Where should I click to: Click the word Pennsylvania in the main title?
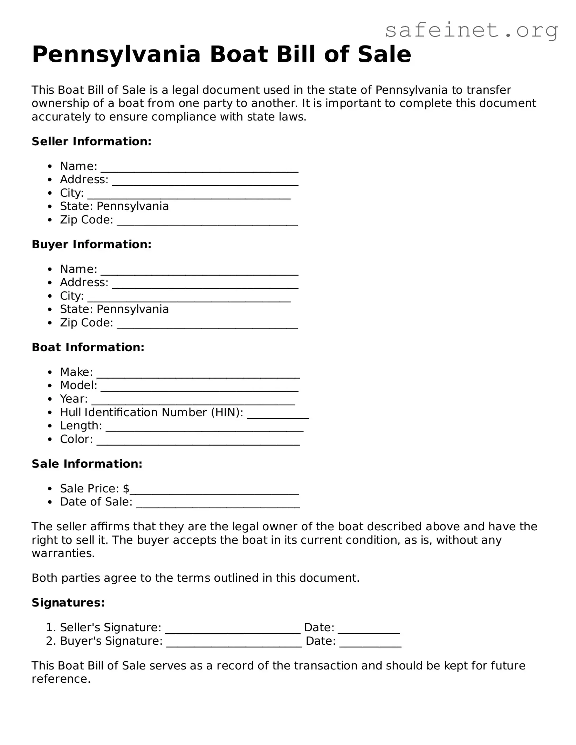[116, 55]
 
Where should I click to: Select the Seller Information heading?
[91, 142]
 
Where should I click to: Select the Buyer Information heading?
[91, 244]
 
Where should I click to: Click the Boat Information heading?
[88, 347]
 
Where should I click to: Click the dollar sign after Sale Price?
[126, 489]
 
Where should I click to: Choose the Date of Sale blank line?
[218, 505]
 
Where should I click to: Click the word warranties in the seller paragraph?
[63, 553]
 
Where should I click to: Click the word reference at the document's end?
[61, 679]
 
